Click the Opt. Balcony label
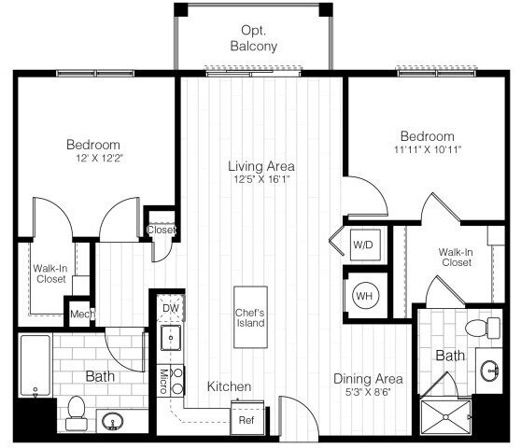click(252, 37)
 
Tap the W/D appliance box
click(362, 245)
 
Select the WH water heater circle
click(362, 296)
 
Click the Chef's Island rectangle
click(250, 317)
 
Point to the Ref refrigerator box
click(247, 420)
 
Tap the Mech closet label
click(80, 315)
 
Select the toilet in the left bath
click(76, 410)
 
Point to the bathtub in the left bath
click(35, 366)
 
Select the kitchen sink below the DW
click(170, 337)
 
